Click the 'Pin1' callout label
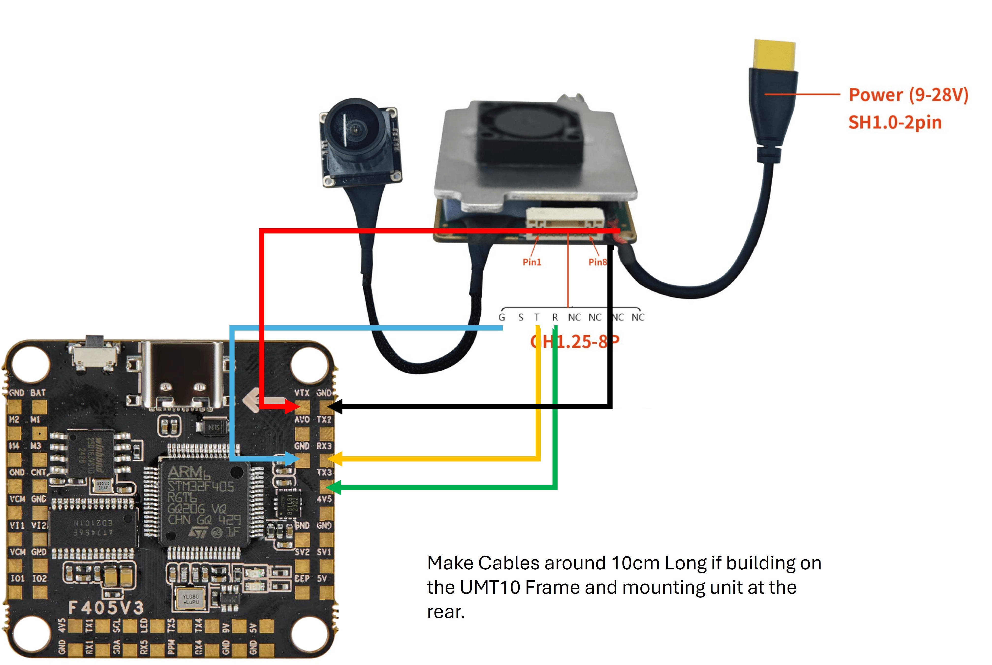pyautogui.click(x=531, y=262)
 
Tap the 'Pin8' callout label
pyautogui.click(x=597, y=262)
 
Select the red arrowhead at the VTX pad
pyautogui.click(x=293, y=406)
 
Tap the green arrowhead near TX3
pyautogui.click(x=335, y=487)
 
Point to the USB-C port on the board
pyautogui.click(x=183, y=375)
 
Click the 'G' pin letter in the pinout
pyautogui.click(x=502, y=317)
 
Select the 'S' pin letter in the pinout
pyautogui.click(x=520, y=317)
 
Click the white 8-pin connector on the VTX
pyautogui.click(x=565, y=218)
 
